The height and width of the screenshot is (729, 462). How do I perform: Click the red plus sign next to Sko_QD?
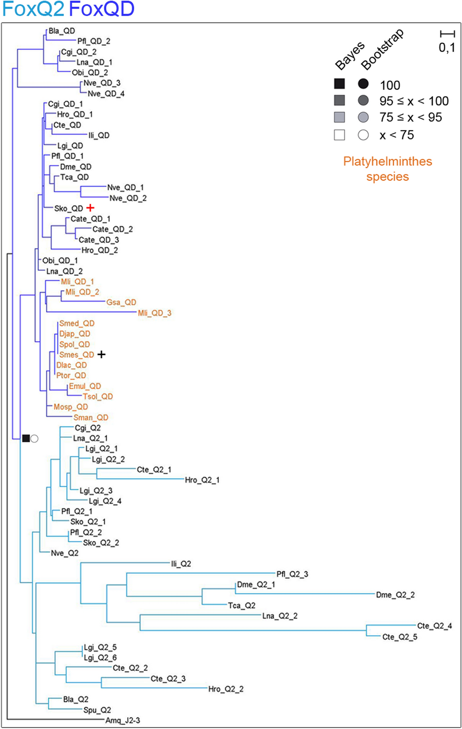[90, 208]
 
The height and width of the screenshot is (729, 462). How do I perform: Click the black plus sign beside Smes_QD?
[101, 354]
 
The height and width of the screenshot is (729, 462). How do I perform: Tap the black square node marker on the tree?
[26, 439]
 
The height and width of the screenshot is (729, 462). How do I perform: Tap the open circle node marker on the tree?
[35, 439]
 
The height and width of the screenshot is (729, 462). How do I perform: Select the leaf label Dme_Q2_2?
[395, 595]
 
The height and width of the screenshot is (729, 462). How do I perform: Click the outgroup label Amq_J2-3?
[123, 721]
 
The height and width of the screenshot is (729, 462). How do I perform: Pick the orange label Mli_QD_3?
[154, 313]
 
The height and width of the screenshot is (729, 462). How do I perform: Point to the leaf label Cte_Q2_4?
[434, 626]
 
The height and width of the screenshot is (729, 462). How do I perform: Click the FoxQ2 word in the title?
[33, 9]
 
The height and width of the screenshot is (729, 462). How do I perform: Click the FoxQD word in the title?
[102, 9]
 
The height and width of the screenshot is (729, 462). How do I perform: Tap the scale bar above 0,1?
[447, 34]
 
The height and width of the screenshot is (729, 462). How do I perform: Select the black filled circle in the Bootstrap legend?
[363, 84]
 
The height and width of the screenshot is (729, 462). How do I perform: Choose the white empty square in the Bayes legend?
[340, 135]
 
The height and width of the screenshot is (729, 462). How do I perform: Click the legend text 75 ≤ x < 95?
[410, 117]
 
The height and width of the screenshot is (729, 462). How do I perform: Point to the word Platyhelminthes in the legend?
[387, 162]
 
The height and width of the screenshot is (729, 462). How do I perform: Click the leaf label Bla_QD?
[61, 31]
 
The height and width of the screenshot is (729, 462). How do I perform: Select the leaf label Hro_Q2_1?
[202, 480]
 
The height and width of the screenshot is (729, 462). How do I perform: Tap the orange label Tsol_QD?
[97, 397]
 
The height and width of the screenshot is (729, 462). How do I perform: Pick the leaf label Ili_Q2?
[181, 564]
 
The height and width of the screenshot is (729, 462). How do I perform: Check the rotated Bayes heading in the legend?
[350, 56]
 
